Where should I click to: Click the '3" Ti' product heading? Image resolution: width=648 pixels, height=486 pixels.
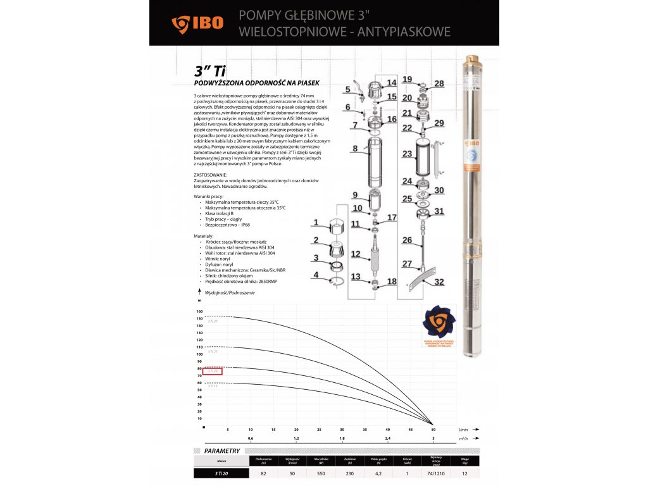(208, 72)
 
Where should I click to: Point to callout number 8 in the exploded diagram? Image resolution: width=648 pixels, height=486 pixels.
(356, 149)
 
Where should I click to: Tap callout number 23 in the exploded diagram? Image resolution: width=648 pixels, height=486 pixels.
(408, 154)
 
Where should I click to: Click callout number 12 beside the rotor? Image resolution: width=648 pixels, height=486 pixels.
(356, 254)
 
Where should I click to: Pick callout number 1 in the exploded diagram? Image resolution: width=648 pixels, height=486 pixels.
(316, 222)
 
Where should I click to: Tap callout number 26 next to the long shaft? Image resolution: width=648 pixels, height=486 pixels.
(408, 240)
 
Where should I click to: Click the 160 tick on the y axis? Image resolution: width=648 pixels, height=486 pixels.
(199, 311)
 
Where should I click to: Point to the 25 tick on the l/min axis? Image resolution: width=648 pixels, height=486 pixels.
(319, 429)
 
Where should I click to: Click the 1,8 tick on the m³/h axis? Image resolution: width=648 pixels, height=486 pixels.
(342, 438)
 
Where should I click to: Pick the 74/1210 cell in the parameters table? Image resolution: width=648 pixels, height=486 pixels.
(436, 473)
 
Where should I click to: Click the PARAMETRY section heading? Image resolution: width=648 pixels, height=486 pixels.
(221, 451)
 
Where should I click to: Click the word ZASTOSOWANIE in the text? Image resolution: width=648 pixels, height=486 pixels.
(209, 174)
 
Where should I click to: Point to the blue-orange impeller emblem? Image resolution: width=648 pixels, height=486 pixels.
(439, 324)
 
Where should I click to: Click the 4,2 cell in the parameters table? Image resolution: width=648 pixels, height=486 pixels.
(378, 473)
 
